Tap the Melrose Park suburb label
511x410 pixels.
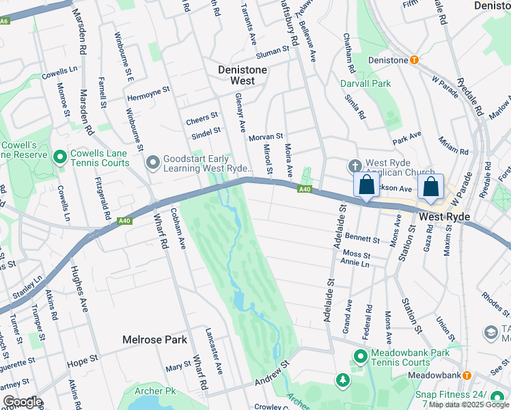point(154,340)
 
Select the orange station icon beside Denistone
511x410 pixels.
point(414,60)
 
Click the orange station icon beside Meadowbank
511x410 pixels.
point(467,375)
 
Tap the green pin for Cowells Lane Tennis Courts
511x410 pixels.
point(61,158)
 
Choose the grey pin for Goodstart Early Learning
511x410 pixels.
point(152,163)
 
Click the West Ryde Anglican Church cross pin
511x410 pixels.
point(355,166)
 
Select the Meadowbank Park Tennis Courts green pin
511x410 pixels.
point(361,356)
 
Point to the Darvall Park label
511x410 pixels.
point(365,83)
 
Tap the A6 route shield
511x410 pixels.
point(5,21)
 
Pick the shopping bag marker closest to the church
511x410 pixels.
point(366,185)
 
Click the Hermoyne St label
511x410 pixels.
point(148,91)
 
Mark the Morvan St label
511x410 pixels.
point(265,137)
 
